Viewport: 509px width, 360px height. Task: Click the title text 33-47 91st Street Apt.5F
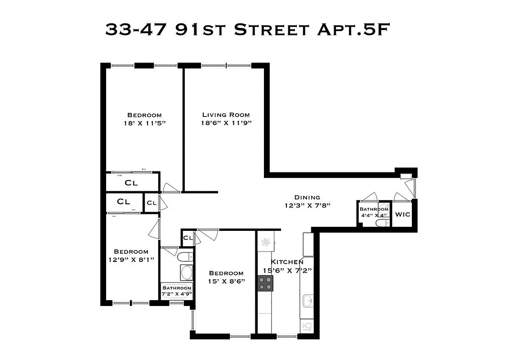[x=246, y=29]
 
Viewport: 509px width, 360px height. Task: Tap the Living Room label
[x=226, y=115]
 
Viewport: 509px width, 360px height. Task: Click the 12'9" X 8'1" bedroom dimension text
[x=131, y=260]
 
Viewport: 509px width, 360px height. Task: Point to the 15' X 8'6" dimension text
[x=226, y=281]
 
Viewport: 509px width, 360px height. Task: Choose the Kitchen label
[x=287, y=262]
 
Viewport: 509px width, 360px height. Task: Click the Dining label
[x=307, y=197]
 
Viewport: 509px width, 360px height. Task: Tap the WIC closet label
[x=402, y=215]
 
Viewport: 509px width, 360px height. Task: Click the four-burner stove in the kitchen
[x=265, y=283]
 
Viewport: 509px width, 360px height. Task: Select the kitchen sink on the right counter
[x=308, y=300]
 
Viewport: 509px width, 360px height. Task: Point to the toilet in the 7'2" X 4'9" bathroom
[x=184, y=257]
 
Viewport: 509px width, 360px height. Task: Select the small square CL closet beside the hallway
[x=152, y=203]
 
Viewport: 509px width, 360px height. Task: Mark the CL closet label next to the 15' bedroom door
[x=188, y=238]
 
